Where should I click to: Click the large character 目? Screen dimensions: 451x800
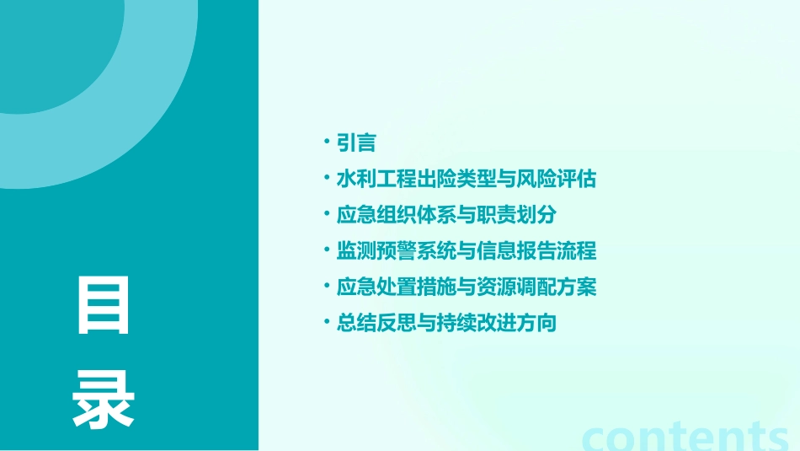pos(104,305)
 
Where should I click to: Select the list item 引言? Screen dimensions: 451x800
pos(356,143)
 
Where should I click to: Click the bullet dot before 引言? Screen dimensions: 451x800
pos(328,142)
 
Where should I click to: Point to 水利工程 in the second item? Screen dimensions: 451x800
pos(374,179)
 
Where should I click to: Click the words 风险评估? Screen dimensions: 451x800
pos(559,179)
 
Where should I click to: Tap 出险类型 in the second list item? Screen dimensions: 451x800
pos(448,179)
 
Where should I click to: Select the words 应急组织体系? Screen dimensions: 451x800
pos(392,215)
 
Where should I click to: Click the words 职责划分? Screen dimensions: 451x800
pos(522,215)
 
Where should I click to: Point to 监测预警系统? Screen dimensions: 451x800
pos(392,251)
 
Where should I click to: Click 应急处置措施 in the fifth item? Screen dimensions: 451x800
pos(392,287)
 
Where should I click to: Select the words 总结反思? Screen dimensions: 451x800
pos(374,323)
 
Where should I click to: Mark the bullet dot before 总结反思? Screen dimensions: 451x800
pos(328,323)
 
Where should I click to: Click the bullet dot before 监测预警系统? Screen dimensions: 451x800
pos(328,250)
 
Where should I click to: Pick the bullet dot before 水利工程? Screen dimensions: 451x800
pos(328,179)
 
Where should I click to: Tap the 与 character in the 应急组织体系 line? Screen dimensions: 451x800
pos(457,215)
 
